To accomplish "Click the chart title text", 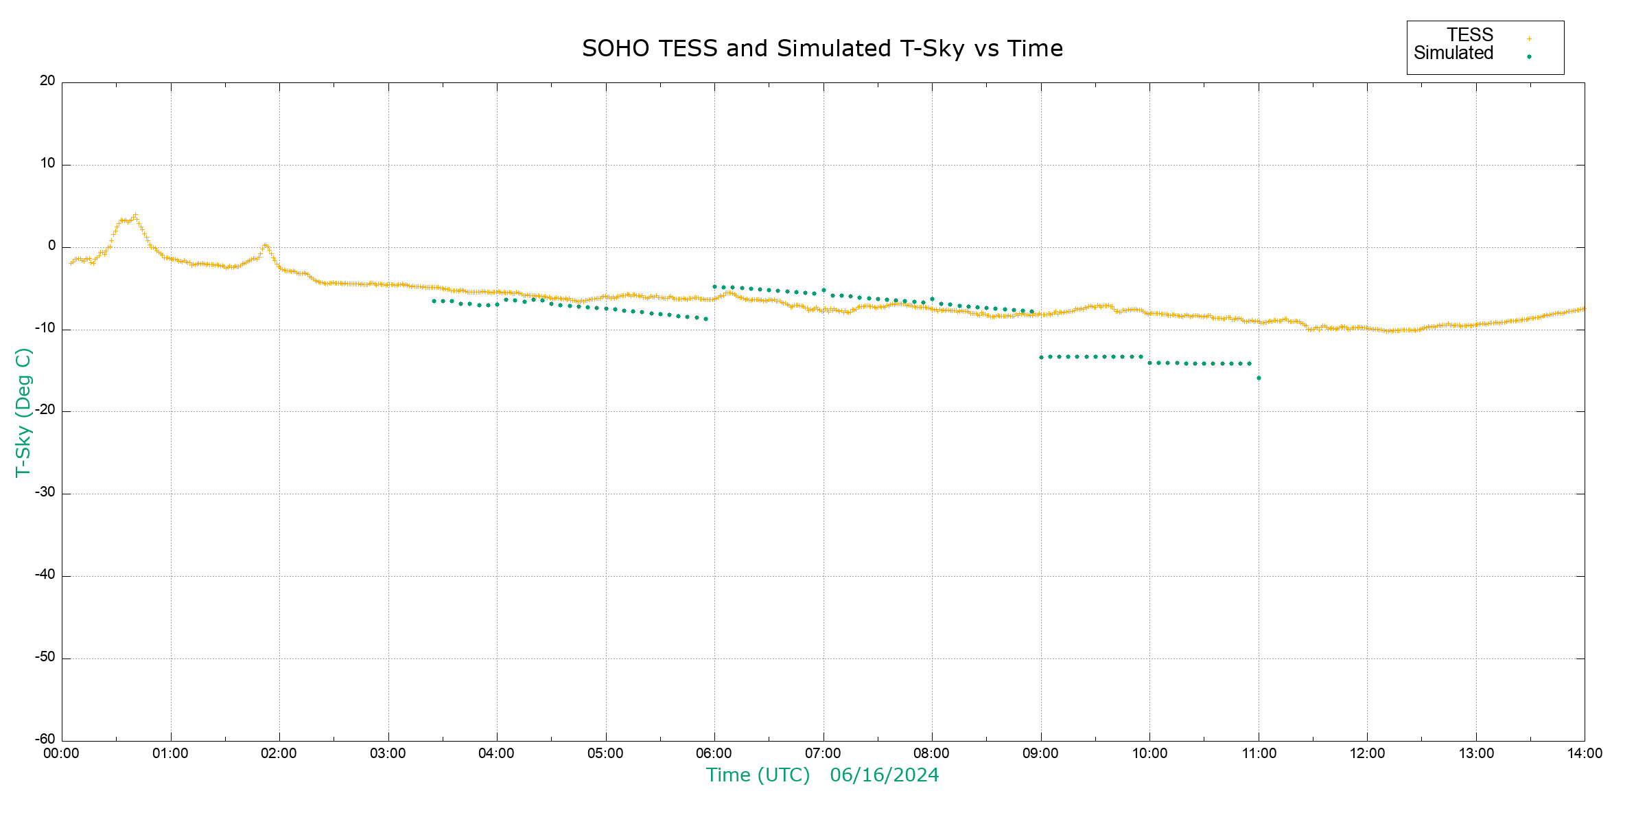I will coord(822,49).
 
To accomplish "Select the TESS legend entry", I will coord(1470,35).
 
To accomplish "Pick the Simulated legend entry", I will coord(1453,54).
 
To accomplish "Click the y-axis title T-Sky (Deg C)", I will coord(23,412).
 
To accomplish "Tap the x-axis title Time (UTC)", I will coord(758,775).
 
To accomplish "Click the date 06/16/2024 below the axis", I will coord(884,775).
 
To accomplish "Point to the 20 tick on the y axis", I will coord(47,81).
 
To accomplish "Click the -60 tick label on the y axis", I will coord(45,740).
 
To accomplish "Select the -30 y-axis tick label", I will coord(45,492).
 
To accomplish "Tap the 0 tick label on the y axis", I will coord(51,246).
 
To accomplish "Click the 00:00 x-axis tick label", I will coord(62,754).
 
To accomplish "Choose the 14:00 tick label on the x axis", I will coord(1585,754).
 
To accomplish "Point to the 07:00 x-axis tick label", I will coord(823,754).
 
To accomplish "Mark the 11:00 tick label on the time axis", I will coord(1259,754).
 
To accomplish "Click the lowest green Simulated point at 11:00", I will coord(1259,378).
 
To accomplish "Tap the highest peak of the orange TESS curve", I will coord(135,216).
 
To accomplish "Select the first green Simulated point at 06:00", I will coord(714,287).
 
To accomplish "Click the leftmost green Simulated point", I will coord(434,301).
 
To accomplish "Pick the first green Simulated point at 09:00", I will coord(1041,358).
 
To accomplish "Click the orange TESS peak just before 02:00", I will coord(266,245).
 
